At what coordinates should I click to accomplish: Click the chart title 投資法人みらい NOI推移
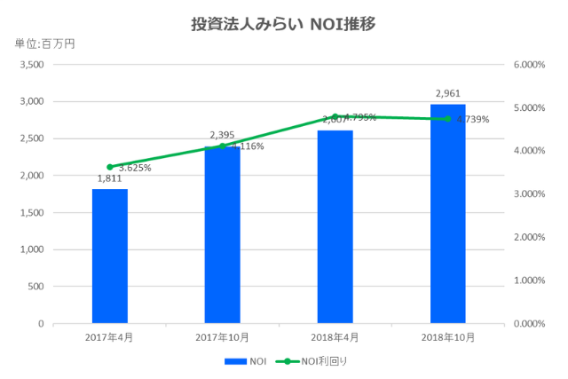coord(283,23)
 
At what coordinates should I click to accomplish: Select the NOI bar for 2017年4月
coord(109,257)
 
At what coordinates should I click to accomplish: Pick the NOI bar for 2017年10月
coord(222,235)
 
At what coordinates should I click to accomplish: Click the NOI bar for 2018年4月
coord(335,227)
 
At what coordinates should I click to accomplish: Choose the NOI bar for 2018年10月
coord(447,214)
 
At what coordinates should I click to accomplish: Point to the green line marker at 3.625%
coord(109,167)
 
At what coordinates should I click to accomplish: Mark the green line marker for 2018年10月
coord(447,119)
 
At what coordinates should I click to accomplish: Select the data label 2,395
coord(222,135)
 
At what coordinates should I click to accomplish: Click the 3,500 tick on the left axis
coord(31,65)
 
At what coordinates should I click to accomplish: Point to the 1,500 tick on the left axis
coord(31,213)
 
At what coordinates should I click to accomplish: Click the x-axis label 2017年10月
coord(222,337)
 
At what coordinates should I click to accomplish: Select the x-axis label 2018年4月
coord(335,337)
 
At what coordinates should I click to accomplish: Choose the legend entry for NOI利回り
coord(324,361)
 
